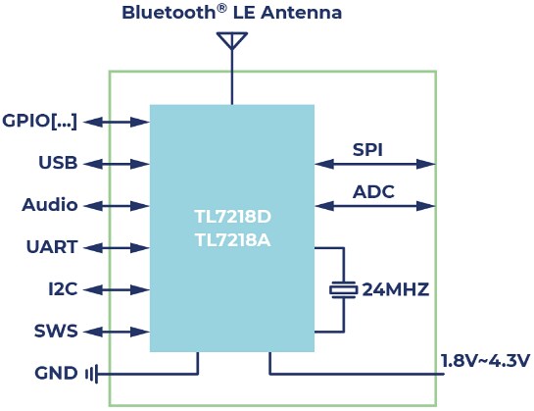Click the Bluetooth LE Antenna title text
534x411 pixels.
231,13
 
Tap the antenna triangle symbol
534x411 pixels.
231,40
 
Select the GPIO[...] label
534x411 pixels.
39,122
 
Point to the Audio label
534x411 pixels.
50,205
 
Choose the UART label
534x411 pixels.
52,247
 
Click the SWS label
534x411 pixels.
57,332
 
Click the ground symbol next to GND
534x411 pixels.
91,374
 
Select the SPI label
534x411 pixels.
367,150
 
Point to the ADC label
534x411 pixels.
373,191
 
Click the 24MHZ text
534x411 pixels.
396,289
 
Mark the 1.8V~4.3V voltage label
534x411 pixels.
482,358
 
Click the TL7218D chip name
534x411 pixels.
231,216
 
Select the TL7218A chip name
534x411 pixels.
231,238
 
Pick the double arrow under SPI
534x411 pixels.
375,164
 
